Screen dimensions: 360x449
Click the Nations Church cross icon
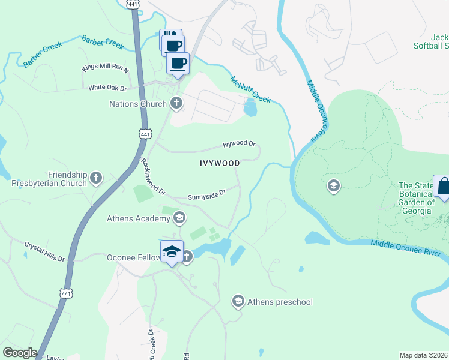coord(176,104)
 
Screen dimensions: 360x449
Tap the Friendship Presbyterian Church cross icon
coord(96,178)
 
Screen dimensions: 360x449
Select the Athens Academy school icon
coord(179,218)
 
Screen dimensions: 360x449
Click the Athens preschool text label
coord(280,302)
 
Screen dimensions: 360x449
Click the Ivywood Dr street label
coord(239,144)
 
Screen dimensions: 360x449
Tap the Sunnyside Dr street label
coord(206,194)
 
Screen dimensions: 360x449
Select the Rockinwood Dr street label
coord(152,176)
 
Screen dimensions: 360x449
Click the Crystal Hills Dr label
coord(44,251)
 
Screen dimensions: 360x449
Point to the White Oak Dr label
coord(107,88)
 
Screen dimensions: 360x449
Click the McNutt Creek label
coord(251,88)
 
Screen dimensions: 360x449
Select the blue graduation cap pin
coord(172,252)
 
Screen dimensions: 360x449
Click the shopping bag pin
coord(443,187)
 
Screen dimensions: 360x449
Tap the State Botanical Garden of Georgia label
coord(415,198)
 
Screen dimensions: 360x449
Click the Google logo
coord(20,353)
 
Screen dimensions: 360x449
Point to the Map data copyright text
coord(424,355)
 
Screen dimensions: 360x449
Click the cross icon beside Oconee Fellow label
coord(187,257)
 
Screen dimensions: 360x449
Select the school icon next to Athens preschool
coord(238,301)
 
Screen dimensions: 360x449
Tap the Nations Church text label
coord(137,104)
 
